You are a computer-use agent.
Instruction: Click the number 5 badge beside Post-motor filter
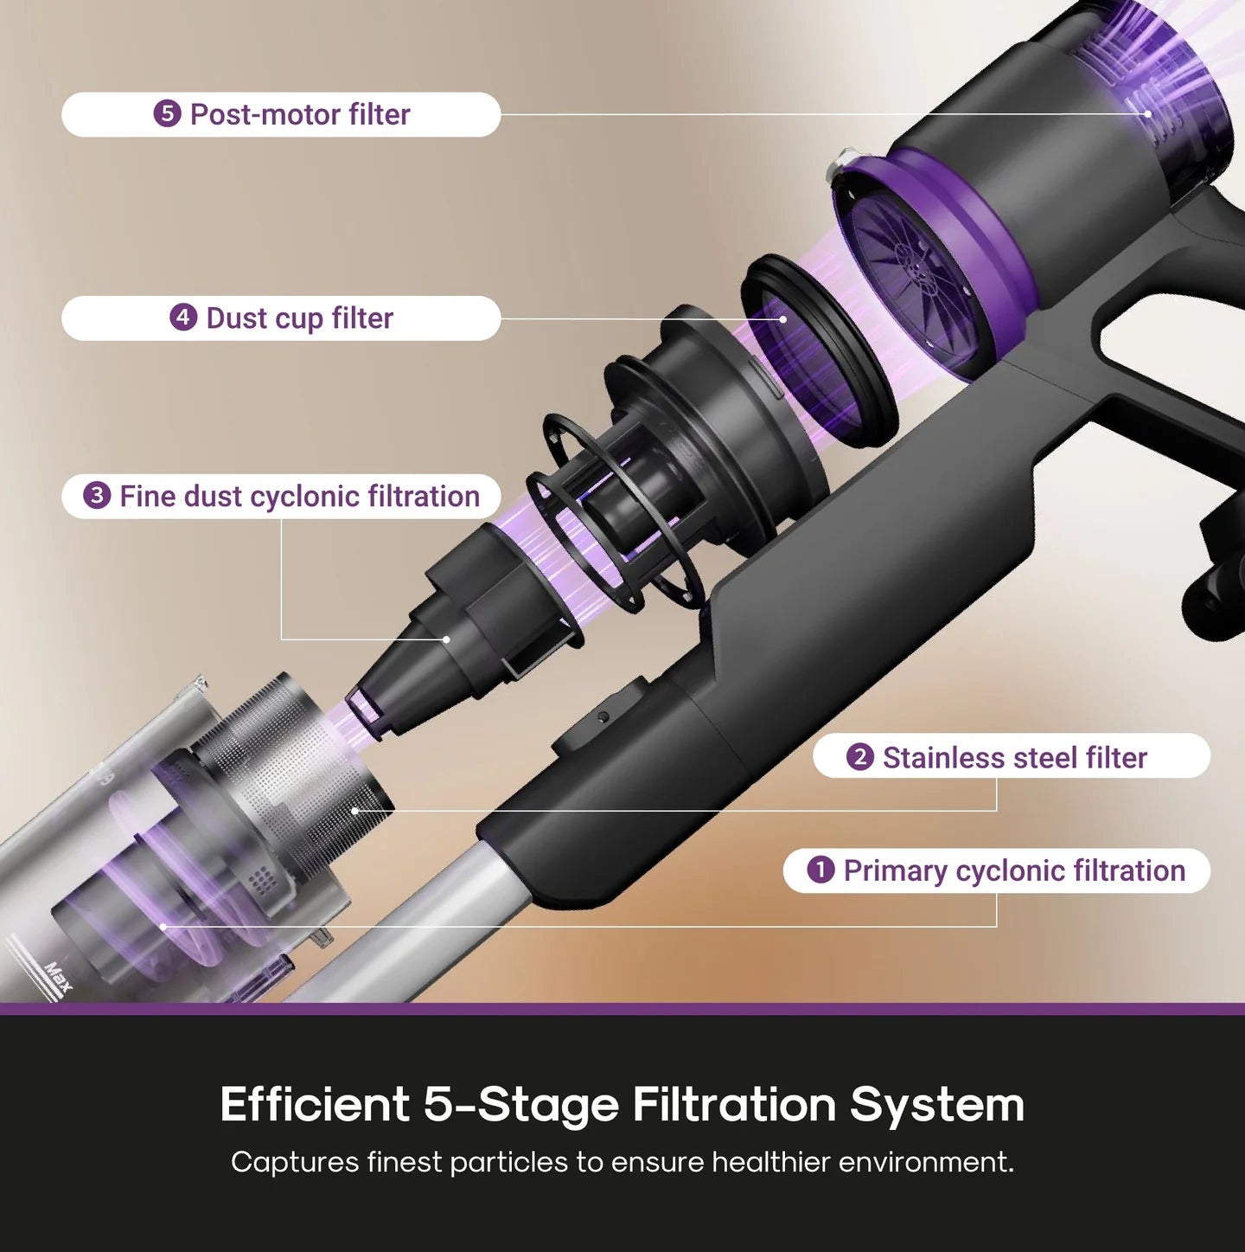point(167,114)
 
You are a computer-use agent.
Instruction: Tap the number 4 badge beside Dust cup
point(182,318)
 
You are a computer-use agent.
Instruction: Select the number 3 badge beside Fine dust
point(97,496)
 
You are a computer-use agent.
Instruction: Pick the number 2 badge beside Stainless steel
point(859,757)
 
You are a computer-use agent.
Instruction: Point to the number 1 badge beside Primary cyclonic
point(820,870)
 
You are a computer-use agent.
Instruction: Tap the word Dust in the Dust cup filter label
point(236,318)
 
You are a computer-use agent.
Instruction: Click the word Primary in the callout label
point(895,870)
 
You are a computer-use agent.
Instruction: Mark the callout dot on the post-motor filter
point(1148,113)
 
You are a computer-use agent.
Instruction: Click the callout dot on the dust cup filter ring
point(782,318)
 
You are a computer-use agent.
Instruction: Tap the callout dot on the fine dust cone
point(446,639)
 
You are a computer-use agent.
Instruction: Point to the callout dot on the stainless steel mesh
point(355,811)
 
